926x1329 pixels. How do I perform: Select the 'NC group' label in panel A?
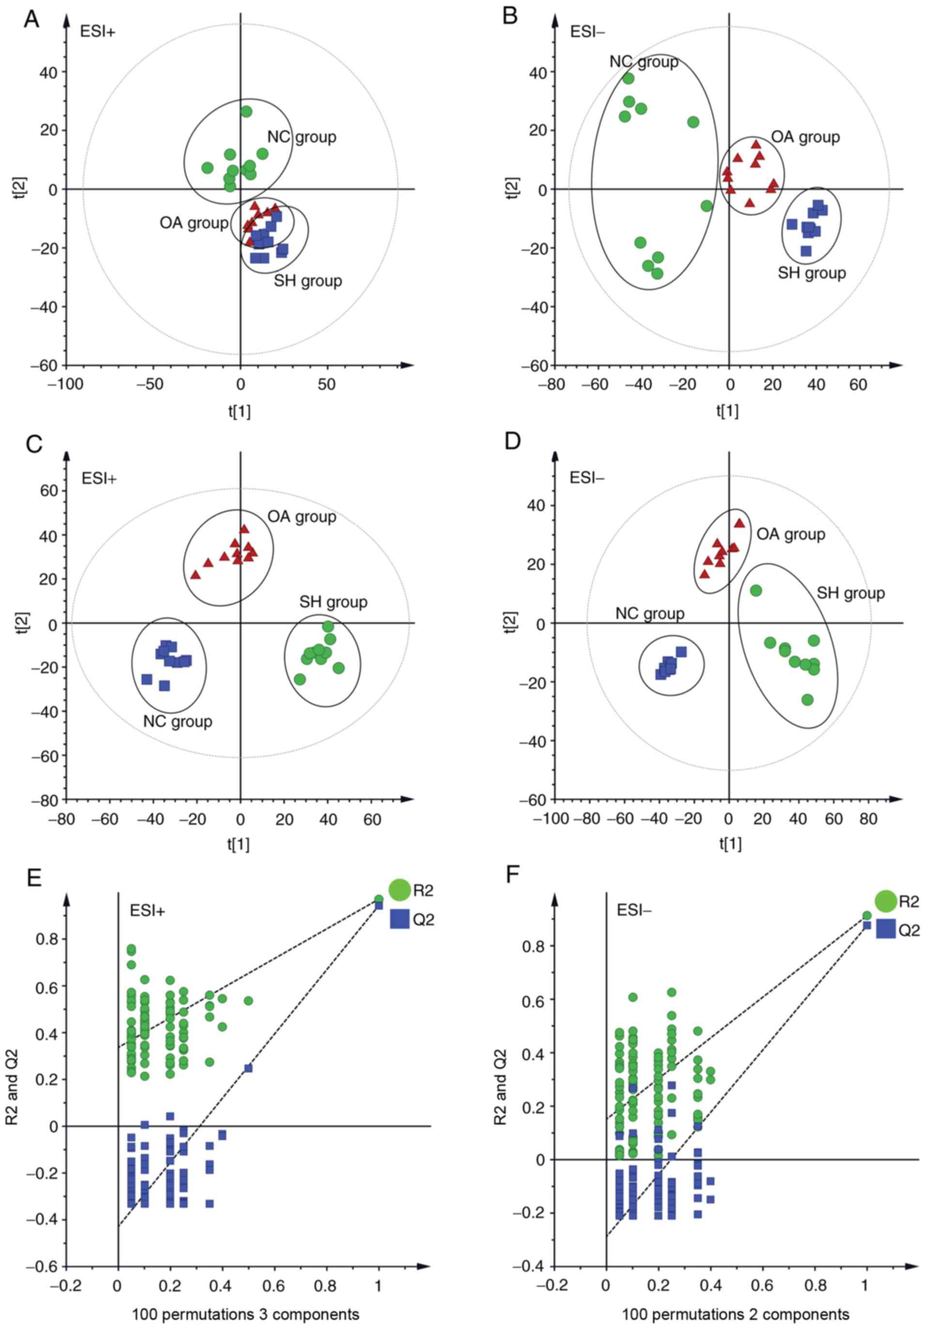302,137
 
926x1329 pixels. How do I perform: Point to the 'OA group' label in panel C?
302,516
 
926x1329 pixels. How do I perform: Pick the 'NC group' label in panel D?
649,614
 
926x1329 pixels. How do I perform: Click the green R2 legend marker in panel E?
399,890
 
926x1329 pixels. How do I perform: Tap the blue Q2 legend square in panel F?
885,929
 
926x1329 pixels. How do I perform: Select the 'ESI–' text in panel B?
588,31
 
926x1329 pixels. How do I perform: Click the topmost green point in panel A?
246,112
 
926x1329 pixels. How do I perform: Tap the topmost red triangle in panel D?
739,523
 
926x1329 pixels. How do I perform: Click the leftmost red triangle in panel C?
196,575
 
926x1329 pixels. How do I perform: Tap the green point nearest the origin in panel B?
707,206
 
